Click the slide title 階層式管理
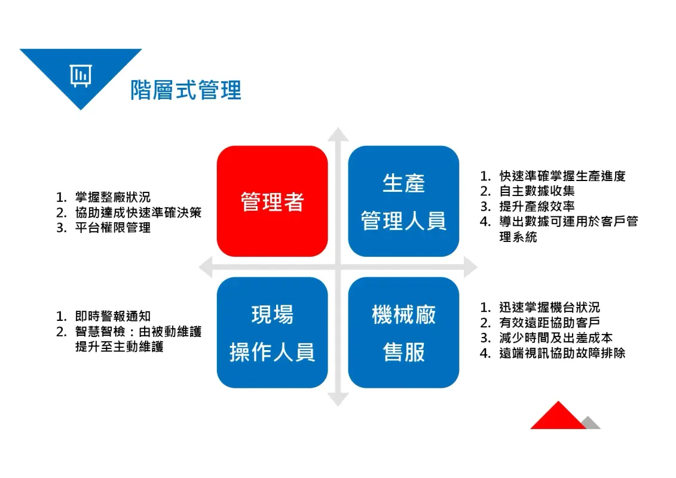click(x=186, y=90)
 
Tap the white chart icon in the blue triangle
click(x=81, y=75)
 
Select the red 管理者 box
click(x=272, y=201)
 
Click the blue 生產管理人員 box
click(x=403, y=201)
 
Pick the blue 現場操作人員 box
click(x=272, y=333)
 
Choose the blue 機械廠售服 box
click(x=403, y=333)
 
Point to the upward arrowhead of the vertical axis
click(x=338, y=134)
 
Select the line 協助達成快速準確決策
click(x=138, y=213)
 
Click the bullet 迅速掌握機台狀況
click(x=549, y=308)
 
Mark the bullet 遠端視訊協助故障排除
click(x=562, y=353)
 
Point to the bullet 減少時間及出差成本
click(x=555, y=338)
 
